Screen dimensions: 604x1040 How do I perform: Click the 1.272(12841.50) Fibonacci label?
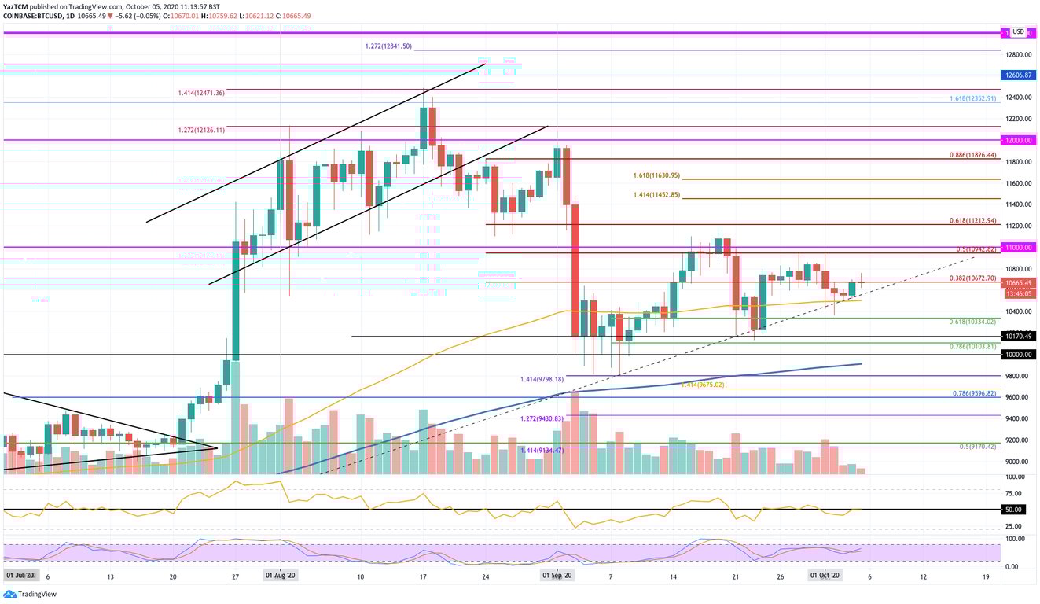click(389, 46)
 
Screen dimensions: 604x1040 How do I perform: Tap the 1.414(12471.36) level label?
click(201, 93)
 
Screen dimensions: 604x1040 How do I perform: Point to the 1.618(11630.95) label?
click(656, 175)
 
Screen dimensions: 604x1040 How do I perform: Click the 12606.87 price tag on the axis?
click(1018, 75)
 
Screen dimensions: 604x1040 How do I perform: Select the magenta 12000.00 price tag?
click(1018, 140)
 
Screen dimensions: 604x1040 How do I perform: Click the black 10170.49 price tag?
click(1018, 336)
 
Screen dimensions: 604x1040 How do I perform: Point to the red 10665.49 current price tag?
click(1018, 283)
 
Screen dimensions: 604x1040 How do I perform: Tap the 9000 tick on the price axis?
click(1017, 462)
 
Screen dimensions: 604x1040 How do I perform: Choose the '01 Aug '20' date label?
click(279, 576)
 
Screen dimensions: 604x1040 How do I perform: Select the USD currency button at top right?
click(1018, 31)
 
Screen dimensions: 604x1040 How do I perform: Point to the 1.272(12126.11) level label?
click(201, 130)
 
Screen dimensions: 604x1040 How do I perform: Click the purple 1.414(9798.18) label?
click(543, 379)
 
